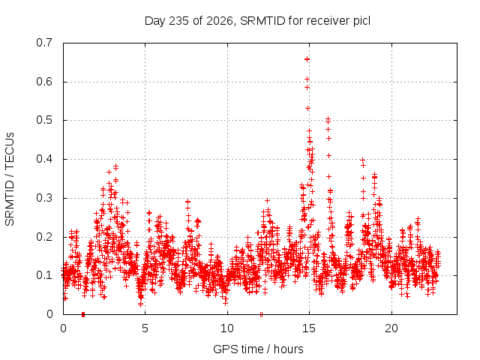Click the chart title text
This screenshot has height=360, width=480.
[x=257, y=21]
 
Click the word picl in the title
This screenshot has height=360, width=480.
[x=361, y=21]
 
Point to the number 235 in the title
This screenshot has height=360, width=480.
[x=179, y=21]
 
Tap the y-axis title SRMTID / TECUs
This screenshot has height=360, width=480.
[x=10, y=179]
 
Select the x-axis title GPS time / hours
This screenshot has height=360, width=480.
[x=258, y=349]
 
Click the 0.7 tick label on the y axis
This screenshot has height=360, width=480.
[x=44, y=43]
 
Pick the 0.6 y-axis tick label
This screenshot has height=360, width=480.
[x=44, y=82]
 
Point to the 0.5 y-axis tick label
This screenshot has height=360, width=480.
[x=44, y=120]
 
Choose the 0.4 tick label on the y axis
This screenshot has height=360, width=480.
[x=44, y=159]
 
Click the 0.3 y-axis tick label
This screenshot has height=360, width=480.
[x=44, y=198]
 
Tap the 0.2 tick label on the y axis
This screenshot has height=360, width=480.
[x=44, y=237]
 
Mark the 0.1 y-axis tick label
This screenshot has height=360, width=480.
[x=44, y=275]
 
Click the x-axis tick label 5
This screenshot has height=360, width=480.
[x=145, y=328]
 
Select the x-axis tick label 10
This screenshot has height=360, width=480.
[x=227, y=328]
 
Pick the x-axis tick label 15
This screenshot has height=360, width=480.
[x=309, y=328]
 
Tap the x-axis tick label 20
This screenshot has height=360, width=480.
[x=391, y=328]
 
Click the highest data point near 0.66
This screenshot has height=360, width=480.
[x=307, y=59]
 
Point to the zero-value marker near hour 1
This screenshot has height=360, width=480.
[x=83, y=314]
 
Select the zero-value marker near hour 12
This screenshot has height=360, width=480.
[x=261, y=314]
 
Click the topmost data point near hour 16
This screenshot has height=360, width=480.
[x=328, y=118]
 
